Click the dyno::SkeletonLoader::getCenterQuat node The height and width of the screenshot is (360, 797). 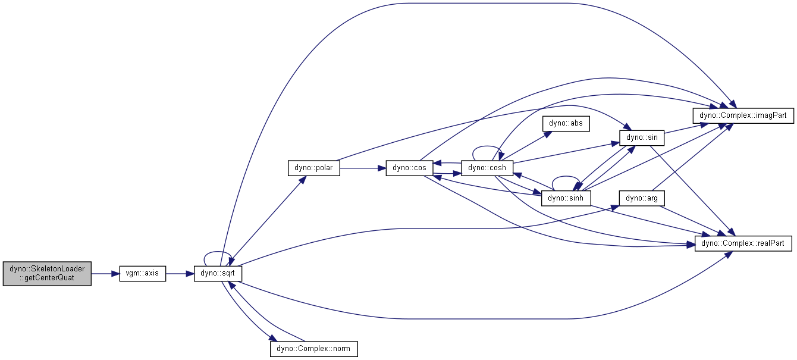[47, 274]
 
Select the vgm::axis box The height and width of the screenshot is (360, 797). [143, 274]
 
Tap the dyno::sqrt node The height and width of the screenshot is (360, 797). [218, 274]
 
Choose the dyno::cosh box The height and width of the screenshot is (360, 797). [487, 168]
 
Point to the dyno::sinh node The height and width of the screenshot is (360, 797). [566, 198]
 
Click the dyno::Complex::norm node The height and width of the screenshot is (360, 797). [314, 348]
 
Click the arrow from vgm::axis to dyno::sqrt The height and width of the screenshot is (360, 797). [180, 274]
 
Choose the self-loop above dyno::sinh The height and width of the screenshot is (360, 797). [566, 178]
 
